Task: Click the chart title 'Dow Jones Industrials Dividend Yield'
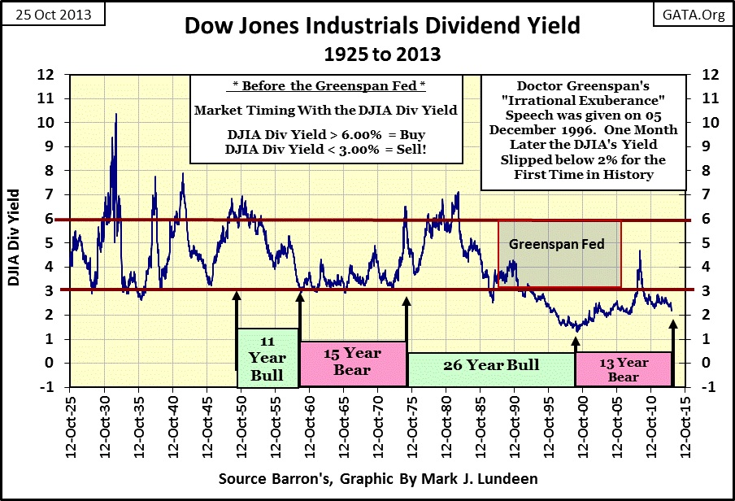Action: pos(382,26)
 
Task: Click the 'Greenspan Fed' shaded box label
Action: pos(559,243)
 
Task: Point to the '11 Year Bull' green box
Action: pos(267,358)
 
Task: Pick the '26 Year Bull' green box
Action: pos(491,365)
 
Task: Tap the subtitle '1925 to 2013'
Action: pos(382,54)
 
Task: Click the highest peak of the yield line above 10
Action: pos(115,115)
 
